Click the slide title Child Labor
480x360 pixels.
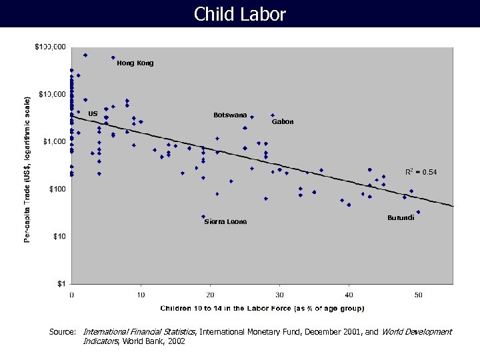point(240,14)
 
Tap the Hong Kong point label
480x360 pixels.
point(135,63)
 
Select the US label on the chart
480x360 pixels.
point(93,113)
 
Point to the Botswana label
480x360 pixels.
point(230,115)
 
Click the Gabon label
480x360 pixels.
point(283,122)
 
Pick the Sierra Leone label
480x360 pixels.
point(225,221)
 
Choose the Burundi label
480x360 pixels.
point(401,218)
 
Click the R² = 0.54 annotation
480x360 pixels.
point(421,172)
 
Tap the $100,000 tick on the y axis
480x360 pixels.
point(50,47)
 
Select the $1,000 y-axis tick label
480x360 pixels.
point(54,142)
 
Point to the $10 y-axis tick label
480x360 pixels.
point(59,237)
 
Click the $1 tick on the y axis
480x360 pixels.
point(61,284)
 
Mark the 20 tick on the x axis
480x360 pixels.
point(210,295)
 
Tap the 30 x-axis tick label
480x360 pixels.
point(279,295)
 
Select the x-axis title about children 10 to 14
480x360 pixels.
point(262,309)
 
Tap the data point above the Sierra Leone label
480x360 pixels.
point(203,217)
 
